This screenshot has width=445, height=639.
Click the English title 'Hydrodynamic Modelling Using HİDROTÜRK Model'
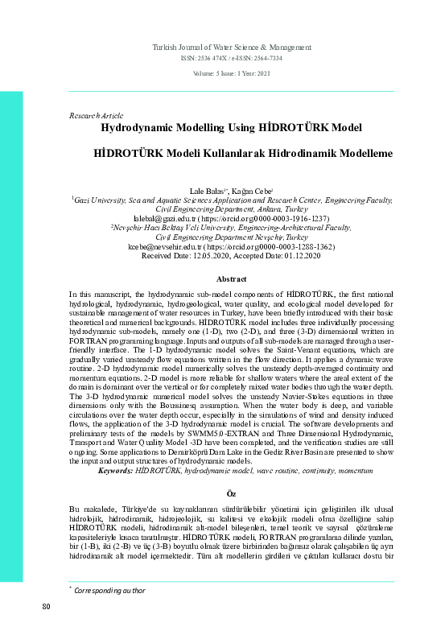232,128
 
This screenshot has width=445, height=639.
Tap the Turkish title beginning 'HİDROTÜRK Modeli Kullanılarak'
232,151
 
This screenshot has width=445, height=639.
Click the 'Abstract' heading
232,278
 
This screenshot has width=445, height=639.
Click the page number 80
47,628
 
